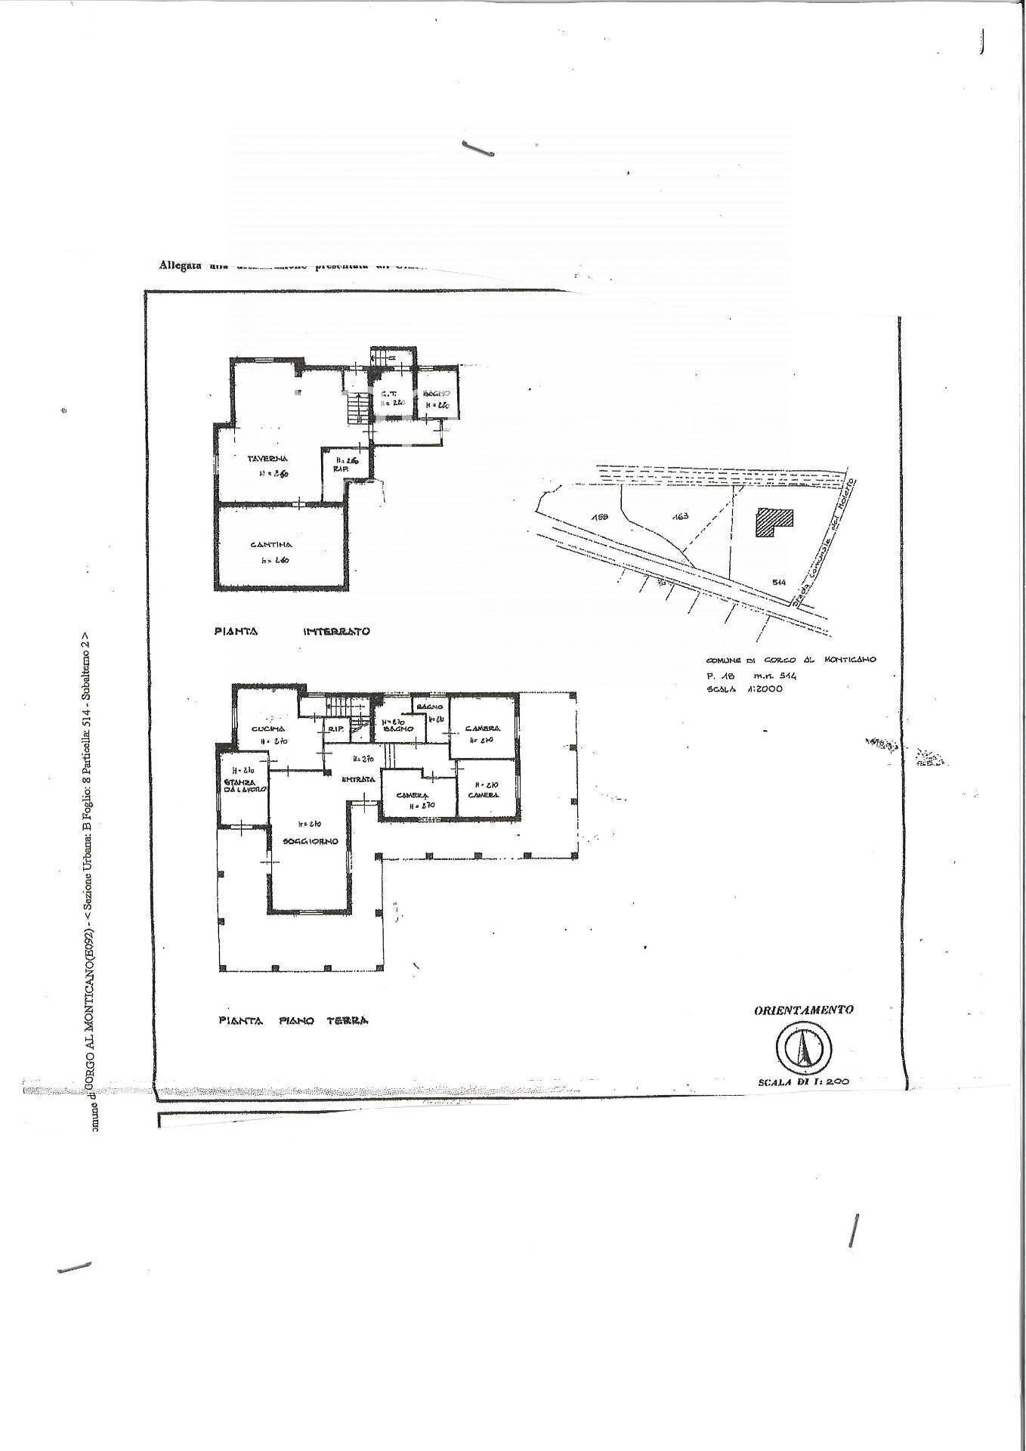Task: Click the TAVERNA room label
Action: click(267, 458)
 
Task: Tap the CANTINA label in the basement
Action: click(270, 544)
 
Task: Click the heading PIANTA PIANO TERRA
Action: click(293, 1020)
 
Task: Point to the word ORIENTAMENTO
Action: click(804, 1010)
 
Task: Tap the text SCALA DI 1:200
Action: click(803, 1081)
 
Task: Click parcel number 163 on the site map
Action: click(681, 517)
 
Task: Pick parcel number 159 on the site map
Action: click(601, 517)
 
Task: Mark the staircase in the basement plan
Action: click(356, 408)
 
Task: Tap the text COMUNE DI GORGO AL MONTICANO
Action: click(790, 660)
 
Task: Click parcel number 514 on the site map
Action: click(780, 581)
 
